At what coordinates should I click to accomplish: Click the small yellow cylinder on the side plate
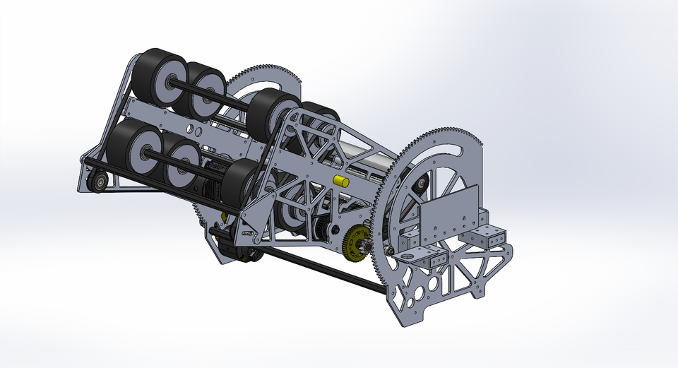click(342, 181)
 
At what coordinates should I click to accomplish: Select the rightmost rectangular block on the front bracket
click(494, 237)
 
